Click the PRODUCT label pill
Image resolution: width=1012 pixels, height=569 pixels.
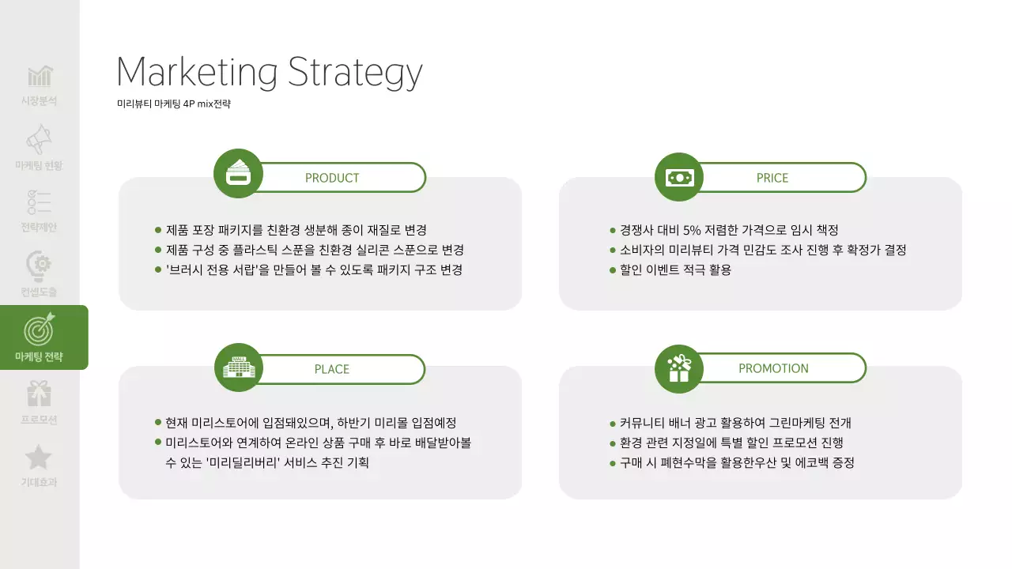pos(332,178)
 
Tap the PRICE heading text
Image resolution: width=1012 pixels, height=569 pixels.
pos(772,178)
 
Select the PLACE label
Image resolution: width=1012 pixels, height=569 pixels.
pos(331,369)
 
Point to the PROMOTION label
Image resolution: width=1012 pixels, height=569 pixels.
pos(773,368)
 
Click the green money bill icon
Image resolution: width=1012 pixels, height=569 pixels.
pos(679,177)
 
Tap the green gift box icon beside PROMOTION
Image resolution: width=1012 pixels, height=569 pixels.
pos(679,368)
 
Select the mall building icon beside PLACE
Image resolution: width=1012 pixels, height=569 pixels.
pos(239,368)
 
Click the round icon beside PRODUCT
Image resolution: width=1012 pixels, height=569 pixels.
pos(239,174)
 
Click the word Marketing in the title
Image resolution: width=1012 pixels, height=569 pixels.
pos(197,72)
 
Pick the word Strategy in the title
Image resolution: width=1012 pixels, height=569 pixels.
pos(355,72)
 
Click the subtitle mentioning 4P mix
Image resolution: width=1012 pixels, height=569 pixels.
pos(174,104)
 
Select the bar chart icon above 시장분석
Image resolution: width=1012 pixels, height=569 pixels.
pos(40,77)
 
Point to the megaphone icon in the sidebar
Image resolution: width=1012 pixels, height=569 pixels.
pos(40,140)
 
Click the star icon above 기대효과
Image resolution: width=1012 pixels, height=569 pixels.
pos(39,457)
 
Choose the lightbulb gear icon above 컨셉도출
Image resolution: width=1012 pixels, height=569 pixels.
pos(40,266)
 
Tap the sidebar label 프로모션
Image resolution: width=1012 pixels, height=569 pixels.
pos(40,420)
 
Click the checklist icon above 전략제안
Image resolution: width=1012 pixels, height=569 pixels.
pos(40,202)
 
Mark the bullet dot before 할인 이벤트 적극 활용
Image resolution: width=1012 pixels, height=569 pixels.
pos(613,270)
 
